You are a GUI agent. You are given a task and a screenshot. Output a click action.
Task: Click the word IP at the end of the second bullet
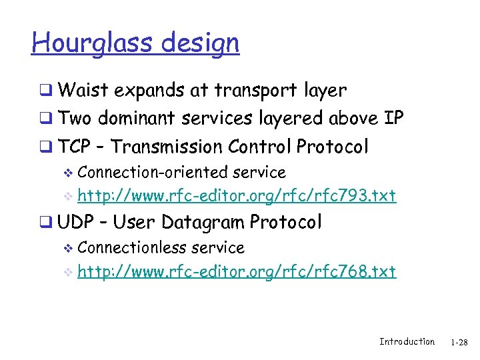394,118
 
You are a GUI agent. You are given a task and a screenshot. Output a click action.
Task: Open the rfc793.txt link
237,195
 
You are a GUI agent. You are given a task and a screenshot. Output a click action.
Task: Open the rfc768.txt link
237,271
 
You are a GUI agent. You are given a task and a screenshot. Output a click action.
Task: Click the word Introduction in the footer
407,342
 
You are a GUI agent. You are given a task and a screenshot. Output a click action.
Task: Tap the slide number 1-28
459,343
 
